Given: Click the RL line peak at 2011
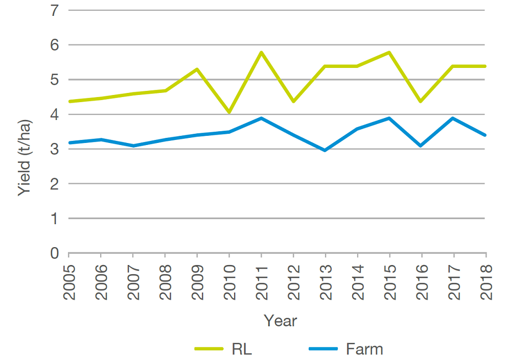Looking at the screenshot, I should point(261,52).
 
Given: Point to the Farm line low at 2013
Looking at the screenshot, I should point(325,150).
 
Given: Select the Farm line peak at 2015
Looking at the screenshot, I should point(389,118).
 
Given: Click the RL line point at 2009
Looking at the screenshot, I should point(197,69).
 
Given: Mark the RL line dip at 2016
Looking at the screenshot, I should point(422,101).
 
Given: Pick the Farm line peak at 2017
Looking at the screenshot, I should point(454,118).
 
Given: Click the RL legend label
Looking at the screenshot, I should point(242,349).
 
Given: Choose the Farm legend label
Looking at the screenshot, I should point(364,349).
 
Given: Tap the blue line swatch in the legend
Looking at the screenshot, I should point(323,349).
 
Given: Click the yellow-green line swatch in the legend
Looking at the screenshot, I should point(209,349).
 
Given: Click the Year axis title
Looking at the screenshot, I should point(280,321).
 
